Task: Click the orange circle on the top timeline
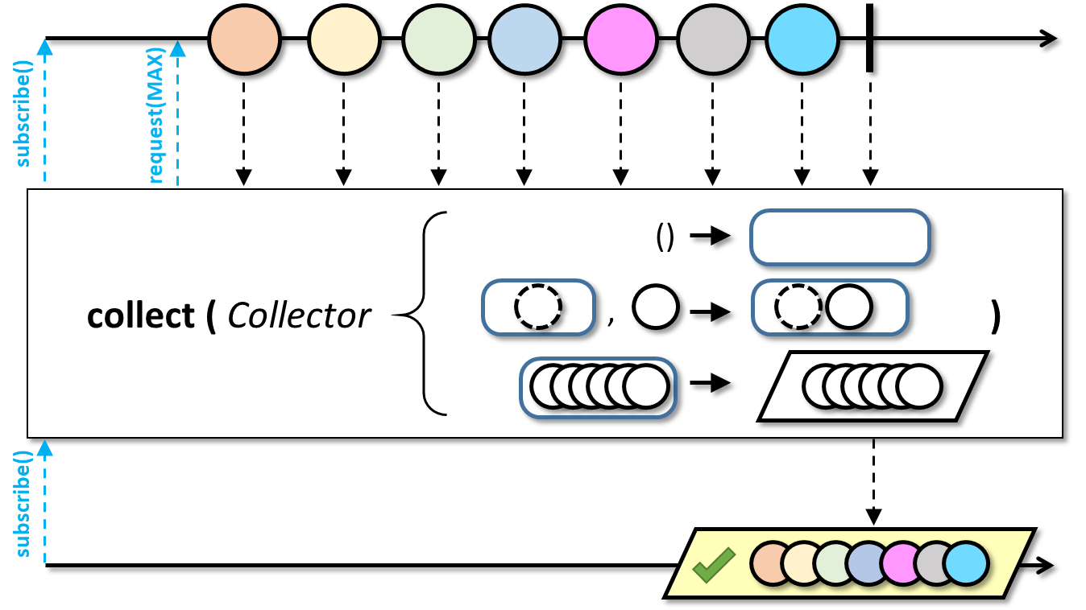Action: [x=244, y=39]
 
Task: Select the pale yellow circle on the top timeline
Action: [x=344, y=39]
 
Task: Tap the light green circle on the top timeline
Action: [x=439, y=39]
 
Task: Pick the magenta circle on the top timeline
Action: [x=621, y=39]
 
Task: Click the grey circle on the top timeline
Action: [x=713, y=39]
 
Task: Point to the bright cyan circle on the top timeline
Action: [x=802, y=39]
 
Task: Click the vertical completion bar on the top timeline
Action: [x=870, y=39]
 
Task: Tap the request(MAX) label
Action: [x=156, y=116]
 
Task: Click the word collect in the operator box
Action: [x=141, y=315]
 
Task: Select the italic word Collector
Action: [x=299, y=315]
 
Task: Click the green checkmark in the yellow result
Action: [x=714, y=564]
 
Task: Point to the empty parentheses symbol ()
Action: [x=665, y=237]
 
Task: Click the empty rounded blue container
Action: [x=839, y=237]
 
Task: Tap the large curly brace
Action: [x=420, y=314]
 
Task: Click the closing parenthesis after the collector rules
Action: [x=995, y=316]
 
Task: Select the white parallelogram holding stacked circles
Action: [x=873, y=386]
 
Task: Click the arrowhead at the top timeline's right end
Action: [x=1049, y=39]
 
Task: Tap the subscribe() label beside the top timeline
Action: [x=23, y=113]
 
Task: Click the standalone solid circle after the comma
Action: [x=656, y=307]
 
